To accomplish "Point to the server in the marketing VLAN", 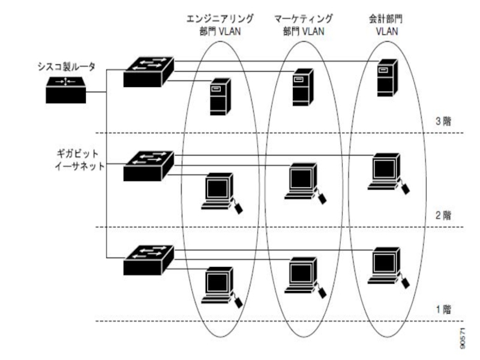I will point(301,87).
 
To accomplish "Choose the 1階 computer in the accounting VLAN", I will point(385,264).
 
